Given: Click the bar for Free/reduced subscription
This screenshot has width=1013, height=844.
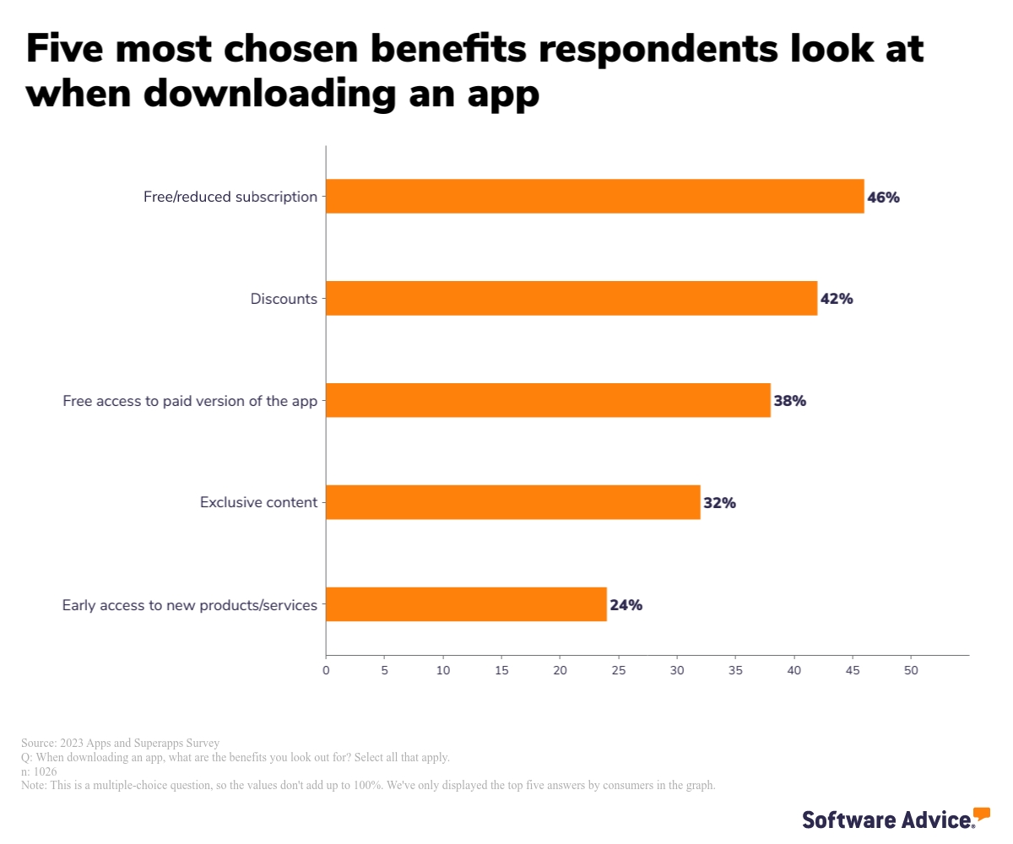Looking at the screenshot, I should [x=594, y=197].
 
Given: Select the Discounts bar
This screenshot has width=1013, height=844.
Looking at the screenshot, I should [x=571, y=298].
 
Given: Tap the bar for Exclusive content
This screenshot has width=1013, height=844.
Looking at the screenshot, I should [x=512, y=502].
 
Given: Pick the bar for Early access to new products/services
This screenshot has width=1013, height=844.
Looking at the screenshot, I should [x=466, y=604].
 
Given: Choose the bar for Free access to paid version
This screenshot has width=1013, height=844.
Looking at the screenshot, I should [x=548, y=400].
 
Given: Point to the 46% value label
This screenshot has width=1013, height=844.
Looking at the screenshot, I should [x=884, y=197].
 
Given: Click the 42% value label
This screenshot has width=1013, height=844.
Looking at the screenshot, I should [x=837, y=299].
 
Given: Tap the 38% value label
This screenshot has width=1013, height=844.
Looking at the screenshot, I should [x=790, y=401].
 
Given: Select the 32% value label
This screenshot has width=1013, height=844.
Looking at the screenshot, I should [x=720, y=503].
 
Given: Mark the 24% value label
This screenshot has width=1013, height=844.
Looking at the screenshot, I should [x=626, y=605].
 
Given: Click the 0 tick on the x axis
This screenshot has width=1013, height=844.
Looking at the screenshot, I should [x=326, y=670].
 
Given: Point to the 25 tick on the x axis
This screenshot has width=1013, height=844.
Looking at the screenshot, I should [x=619, y=670].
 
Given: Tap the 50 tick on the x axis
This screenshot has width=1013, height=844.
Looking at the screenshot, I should [x=911, y=670].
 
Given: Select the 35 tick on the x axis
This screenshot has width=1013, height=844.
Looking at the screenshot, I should [x=735, y=670].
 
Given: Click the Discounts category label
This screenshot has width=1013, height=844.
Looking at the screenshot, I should [x=284, y=299].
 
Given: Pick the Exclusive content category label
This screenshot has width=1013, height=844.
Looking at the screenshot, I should [x=258, y=502].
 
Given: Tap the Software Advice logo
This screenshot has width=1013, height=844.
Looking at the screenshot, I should [x=896, y=818].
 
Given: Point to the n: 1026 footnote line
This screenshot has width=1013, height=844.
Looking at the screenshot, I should [x=39, y=771].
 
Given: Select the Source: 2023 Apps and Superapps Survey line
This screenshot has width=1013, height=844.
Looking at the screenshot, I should [x=120, y=743].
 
